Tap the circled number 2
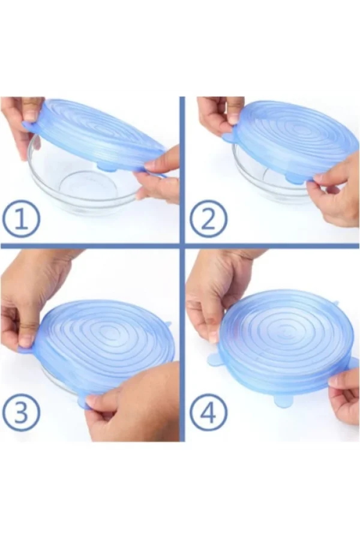208,220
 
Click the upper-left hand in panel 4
220,289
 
